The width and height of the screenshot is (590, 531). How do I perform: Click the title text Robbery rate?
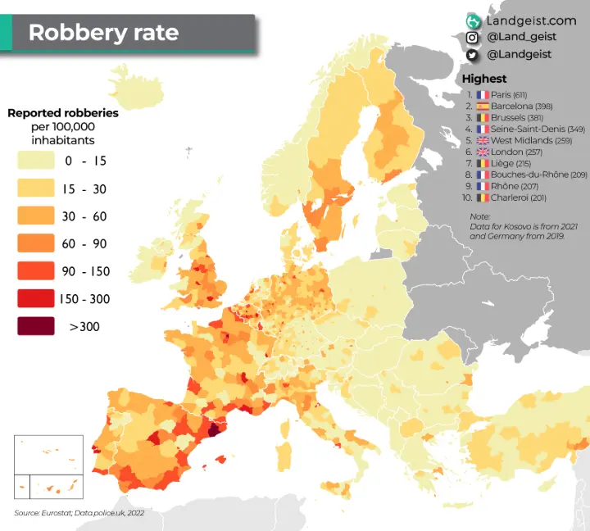[x=103, y=34]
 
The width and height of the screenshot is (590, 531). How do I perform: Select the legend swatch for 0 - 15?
[x=35, y=161]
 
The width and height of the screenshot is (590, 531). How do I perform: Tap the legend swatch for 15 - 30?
[x=35, y=188]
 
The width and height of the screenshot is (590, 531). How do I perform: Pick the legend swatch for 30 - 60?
[x=35, y=216]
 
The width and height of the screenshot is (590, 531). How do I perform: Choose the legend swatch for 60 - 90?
[x=35, y=243]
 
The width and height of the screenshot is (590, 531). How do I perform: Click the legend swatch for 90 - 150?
[x=35, y=271]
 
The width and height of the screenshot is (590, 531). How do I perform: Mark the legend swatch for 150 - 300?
[x=35, y=299]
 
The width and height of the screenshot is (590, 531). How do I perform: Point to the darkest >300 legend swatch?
[x=35, y=327]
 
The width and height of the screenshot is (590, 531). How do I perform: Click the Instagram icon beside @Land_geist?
[x=473, y=37]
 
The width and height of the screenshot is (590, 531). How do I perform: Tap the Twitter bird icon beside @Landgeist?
[x=473, y=54]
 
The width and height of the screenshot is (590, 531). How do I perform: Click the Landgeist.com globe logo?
[x=473, y=20]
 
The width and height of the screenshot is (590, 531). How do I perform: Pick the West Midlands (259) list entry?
[x=531, y=141]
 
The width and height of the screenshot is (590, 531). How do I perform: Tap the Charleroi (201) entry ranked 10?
[x=518, y=197]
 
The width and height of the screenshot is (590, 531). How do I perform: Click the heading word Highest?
[x=484, y=79]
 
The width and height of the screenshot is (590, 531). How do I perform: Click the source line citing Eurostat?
[x=79, y=513]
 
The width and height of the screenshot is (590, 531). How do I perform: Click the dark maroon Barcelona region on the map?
[x=215, y=430]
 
